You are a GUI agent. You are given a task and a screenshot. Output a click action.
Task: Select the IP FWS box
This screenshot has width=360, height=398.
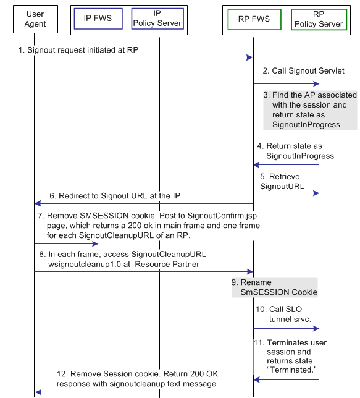tap(98, 19)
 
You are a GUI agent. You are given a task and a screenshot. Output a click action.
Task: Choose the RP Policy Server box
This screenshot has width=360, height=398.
tap(319, 19)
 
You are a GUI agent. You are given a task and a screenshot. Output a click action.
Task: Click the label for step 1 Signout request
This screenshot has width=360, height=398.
tap(78, 50)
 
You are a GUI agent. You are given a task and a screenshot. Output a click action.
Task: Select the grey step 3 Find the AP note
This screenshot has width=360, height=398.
tap(309, 110)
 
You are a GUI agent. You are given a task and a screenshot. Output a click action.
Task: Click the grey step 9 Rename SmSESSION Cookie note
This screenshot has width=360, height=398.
tap(275, 287)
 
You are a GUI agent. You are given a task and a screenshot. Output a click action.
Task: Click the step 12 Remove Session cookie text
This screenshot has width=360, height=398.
tap(137, 378)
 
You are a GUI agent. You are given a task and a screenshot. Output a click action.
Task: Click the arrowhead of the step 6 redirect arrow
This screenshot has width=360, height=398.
tap(38, 203)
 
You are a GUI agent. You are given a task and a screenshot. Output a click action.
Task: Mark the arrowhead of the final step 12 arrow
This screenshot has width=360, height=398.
tap(38, 392)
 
